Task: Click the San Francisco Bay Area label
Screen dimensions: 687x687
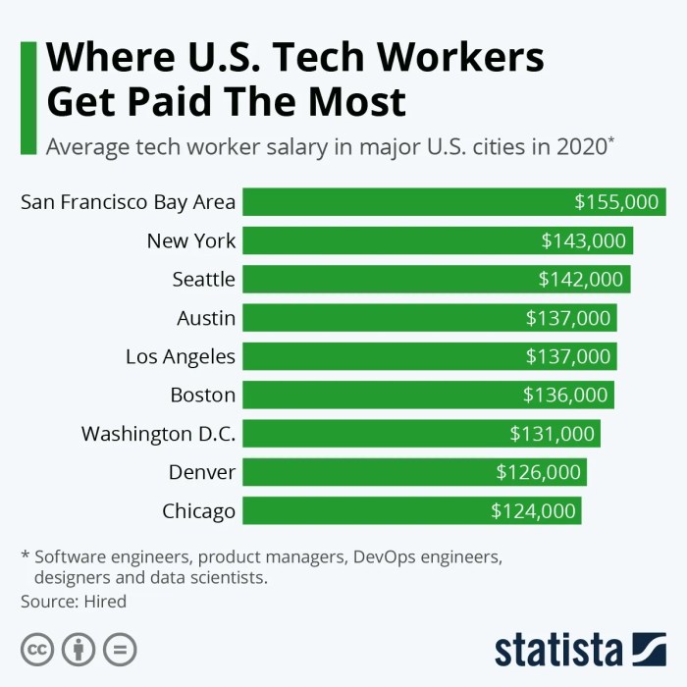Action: tap(129, 202)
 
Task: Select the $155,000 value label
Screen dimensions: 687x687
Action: tap(616, 202)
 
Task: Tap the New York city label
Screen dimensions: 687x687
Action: tap(191, 240)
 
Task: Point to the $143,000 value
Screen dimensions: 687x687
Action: tap(583, 240)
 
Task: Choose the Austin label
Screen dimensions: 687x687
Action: tap(206, 318)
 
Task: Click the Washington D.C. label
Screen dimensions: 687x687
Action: tap(159, 434)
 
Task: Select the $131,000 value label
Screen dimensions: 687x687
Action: tap(552, 434)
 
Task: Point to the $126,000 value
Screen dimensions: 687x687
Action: tap(539, 472)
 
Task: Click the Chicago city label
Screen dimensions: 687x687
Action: tap(199, 511)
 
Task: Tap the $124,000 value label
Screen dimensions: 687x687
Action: tap(533, 511)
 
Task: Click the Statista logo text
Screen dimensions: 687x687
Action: tap(558, 650)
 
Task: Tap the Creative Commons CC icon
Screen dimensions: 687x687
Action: tap(37, 649)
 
